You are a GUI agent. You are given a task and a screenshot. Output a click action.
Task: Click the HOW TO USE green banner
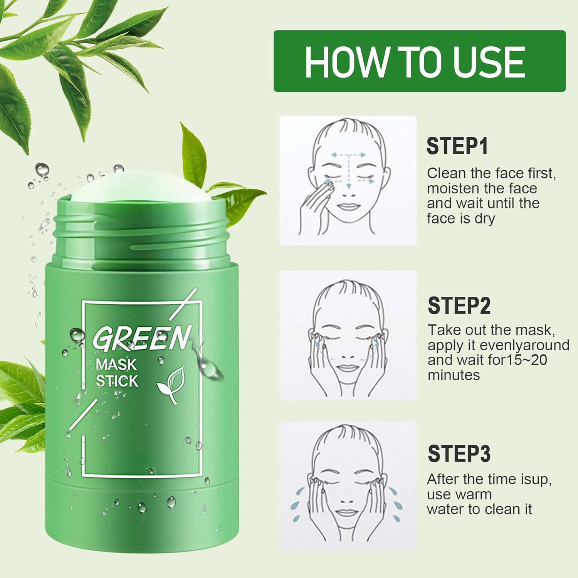coord(419,61)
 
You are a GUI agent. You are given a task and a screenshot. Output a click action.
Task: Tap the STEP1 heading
coord(457,146)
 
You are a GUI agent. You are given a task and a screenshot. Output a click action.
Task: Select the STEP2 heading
coord(459,306)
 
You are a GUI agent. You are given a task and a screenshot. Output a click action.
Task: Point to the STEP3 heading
coord(459,454)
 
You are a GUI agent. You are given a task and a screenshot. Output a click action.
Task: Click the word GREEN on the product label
coord(142,338)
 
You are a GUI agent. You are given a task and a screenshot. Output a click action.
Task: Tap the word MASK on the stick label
coord(116,364)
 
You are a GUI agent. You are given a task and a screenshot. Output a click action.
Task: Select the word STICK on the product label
coord(117,381)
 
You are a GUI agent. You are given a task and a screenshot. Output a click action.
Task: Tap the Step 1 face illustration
coord(348,180)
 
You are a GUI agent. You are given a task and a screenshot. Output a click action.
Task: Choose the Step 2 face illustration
coord(348,335)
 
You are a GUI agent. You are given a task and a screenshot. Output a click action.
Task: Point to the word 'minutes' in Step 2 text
coord(454,375)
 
